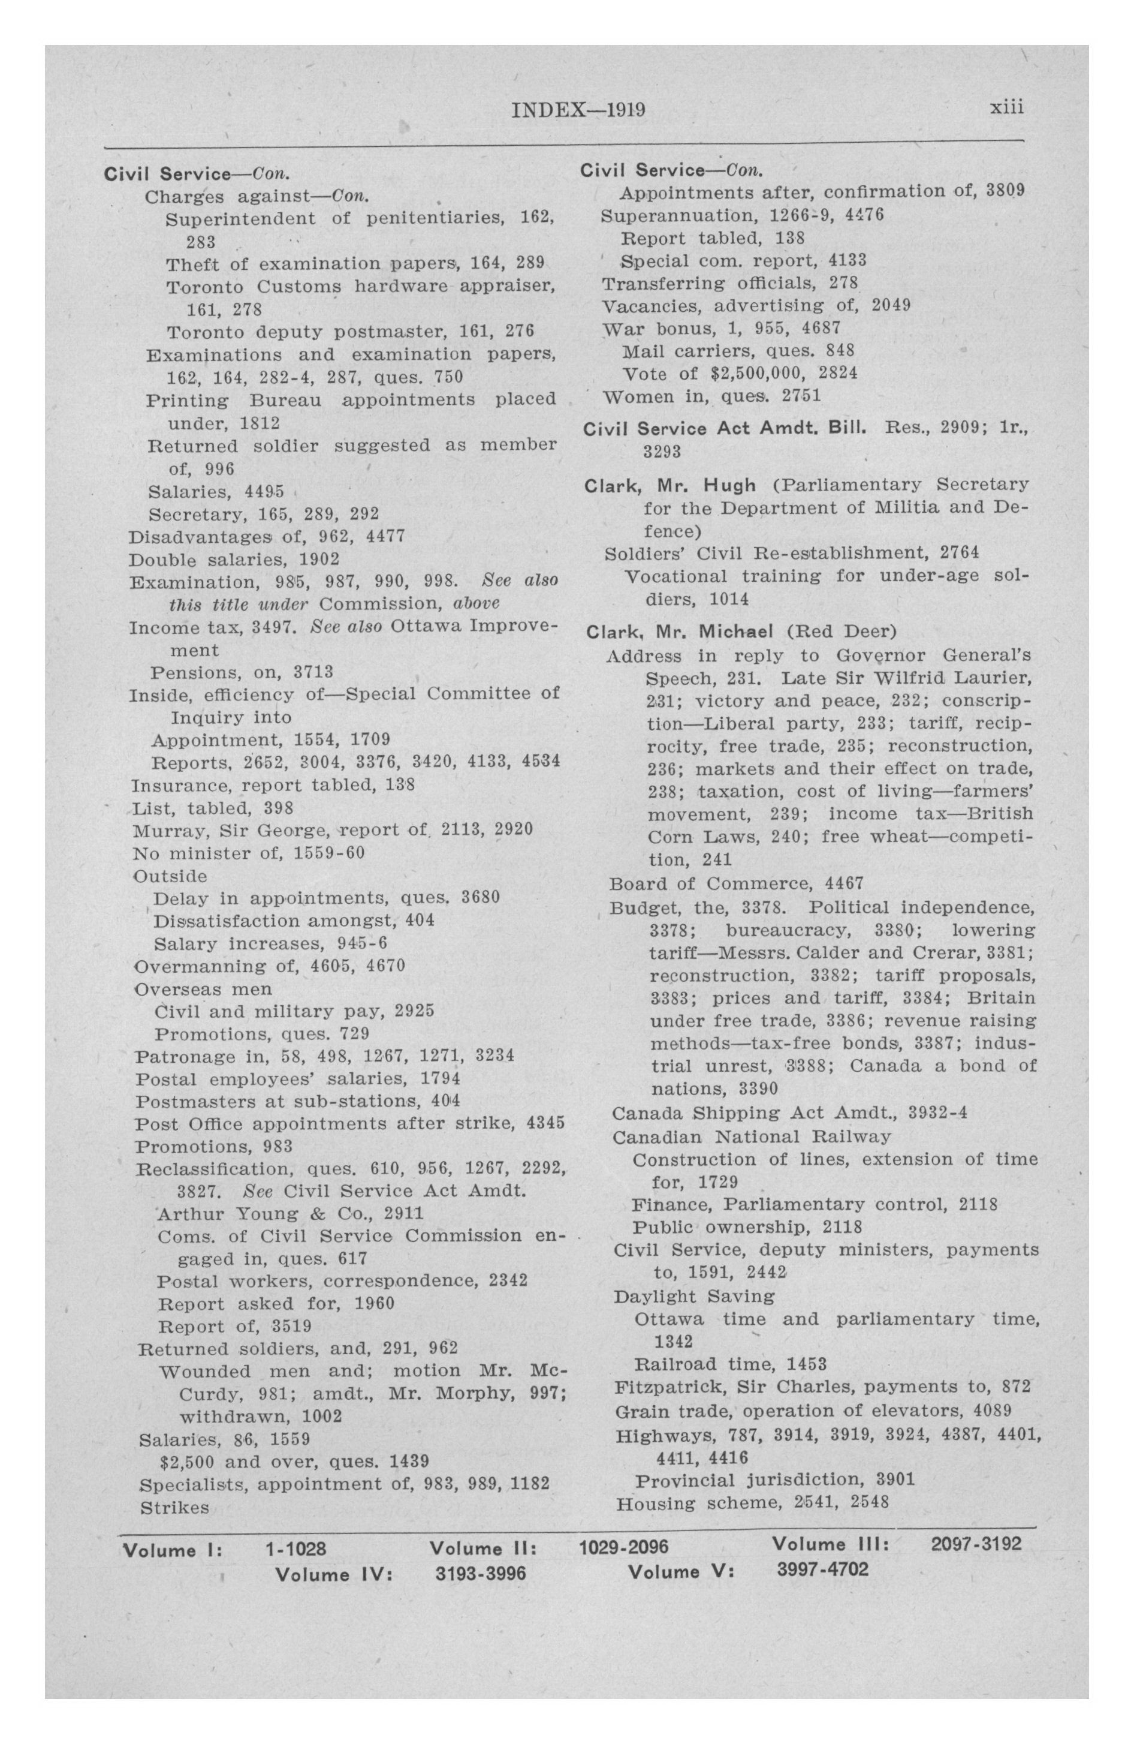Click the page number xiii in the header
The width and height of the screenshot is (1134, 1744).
pos(1006,108)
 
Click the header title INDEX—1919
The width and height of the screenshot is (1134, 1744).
pos(577,110)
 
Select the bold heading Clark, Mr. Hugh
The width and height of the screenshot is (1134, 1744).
pos(670,485)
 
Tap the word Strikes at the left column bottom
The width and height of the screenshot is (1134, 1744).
pos(174,1507)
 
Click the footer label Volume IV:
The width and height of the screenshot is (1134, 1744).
pos(334,1574)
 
